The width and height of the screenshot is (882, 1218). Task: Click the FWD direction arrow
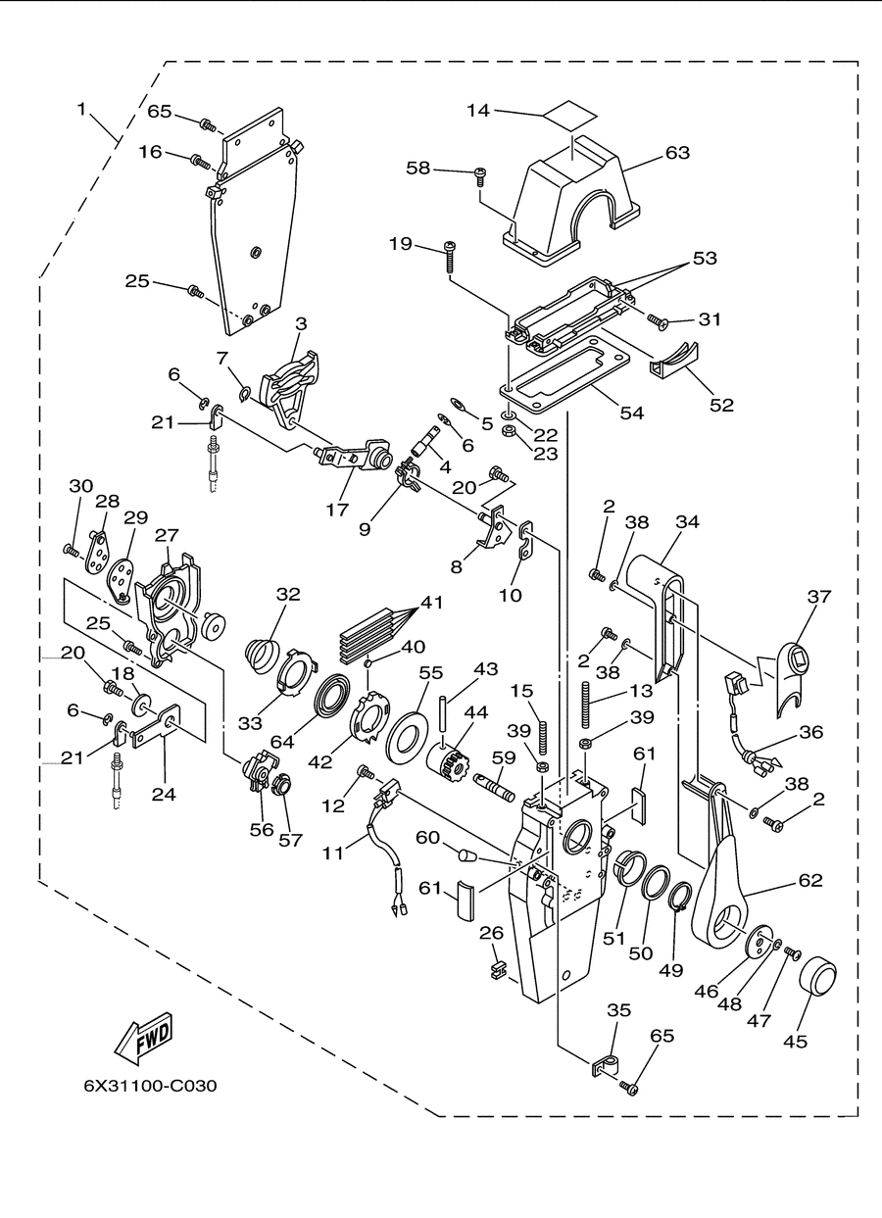(x=142, y=1036)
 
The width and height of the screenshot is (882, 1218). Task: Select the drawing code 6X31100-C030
(x=150, y=1086)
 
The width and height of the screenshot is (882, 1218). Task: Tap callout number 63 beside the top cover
(x=677, y=153)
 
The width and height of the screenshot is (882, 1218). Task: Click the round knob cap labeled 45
(x=818, y=978)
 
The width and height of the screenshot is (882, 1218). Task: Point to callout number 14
(x=477, y=111)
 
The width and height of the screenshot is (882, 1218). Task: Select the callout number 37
(x=818, y=597)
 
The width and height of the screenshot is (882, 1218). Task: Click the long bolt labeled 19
(x=451, y=256)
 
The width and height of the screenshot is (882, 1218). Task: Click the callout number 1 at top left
(x=81, y=109)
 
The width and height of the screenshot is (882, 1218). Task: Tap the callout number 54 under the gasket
(x=631, y=414)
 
